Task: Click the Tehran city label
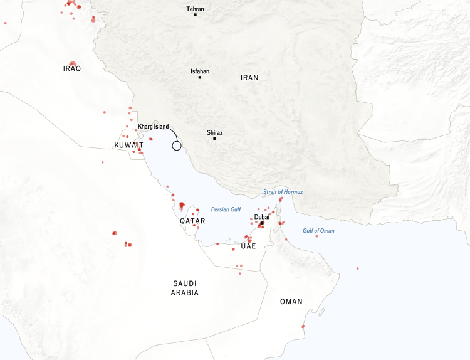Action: pos(195,9)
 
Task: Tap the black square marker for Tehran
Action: pos(195,15)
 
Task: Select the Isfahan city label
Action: pos(200,71)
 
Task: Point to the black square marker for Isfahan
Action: pos(200,78)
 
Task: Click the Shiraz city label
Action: pos(214,132)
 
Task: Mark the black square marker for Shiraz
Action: pos(214,139)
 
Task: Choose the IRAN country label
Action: pos(249,78)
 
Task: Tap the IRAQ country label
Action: pos(73,68)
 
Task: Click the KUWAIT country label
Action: pos(129,145)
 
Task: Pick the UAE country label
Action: pos(248,247)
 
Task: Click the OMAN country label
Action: pos(291,302)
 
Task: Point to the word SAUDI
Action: pos(185,283)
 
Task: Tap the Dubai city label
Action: pos(262,217)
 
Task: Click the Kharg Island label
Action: pos(154,126)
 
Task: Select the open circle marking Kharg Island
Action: pos(177,146)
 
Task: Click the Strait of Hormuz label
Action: pos(283,191)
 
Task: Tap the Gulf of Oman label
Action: pos(318,231)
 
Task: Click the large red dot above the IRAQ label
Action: pos(73,63)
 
